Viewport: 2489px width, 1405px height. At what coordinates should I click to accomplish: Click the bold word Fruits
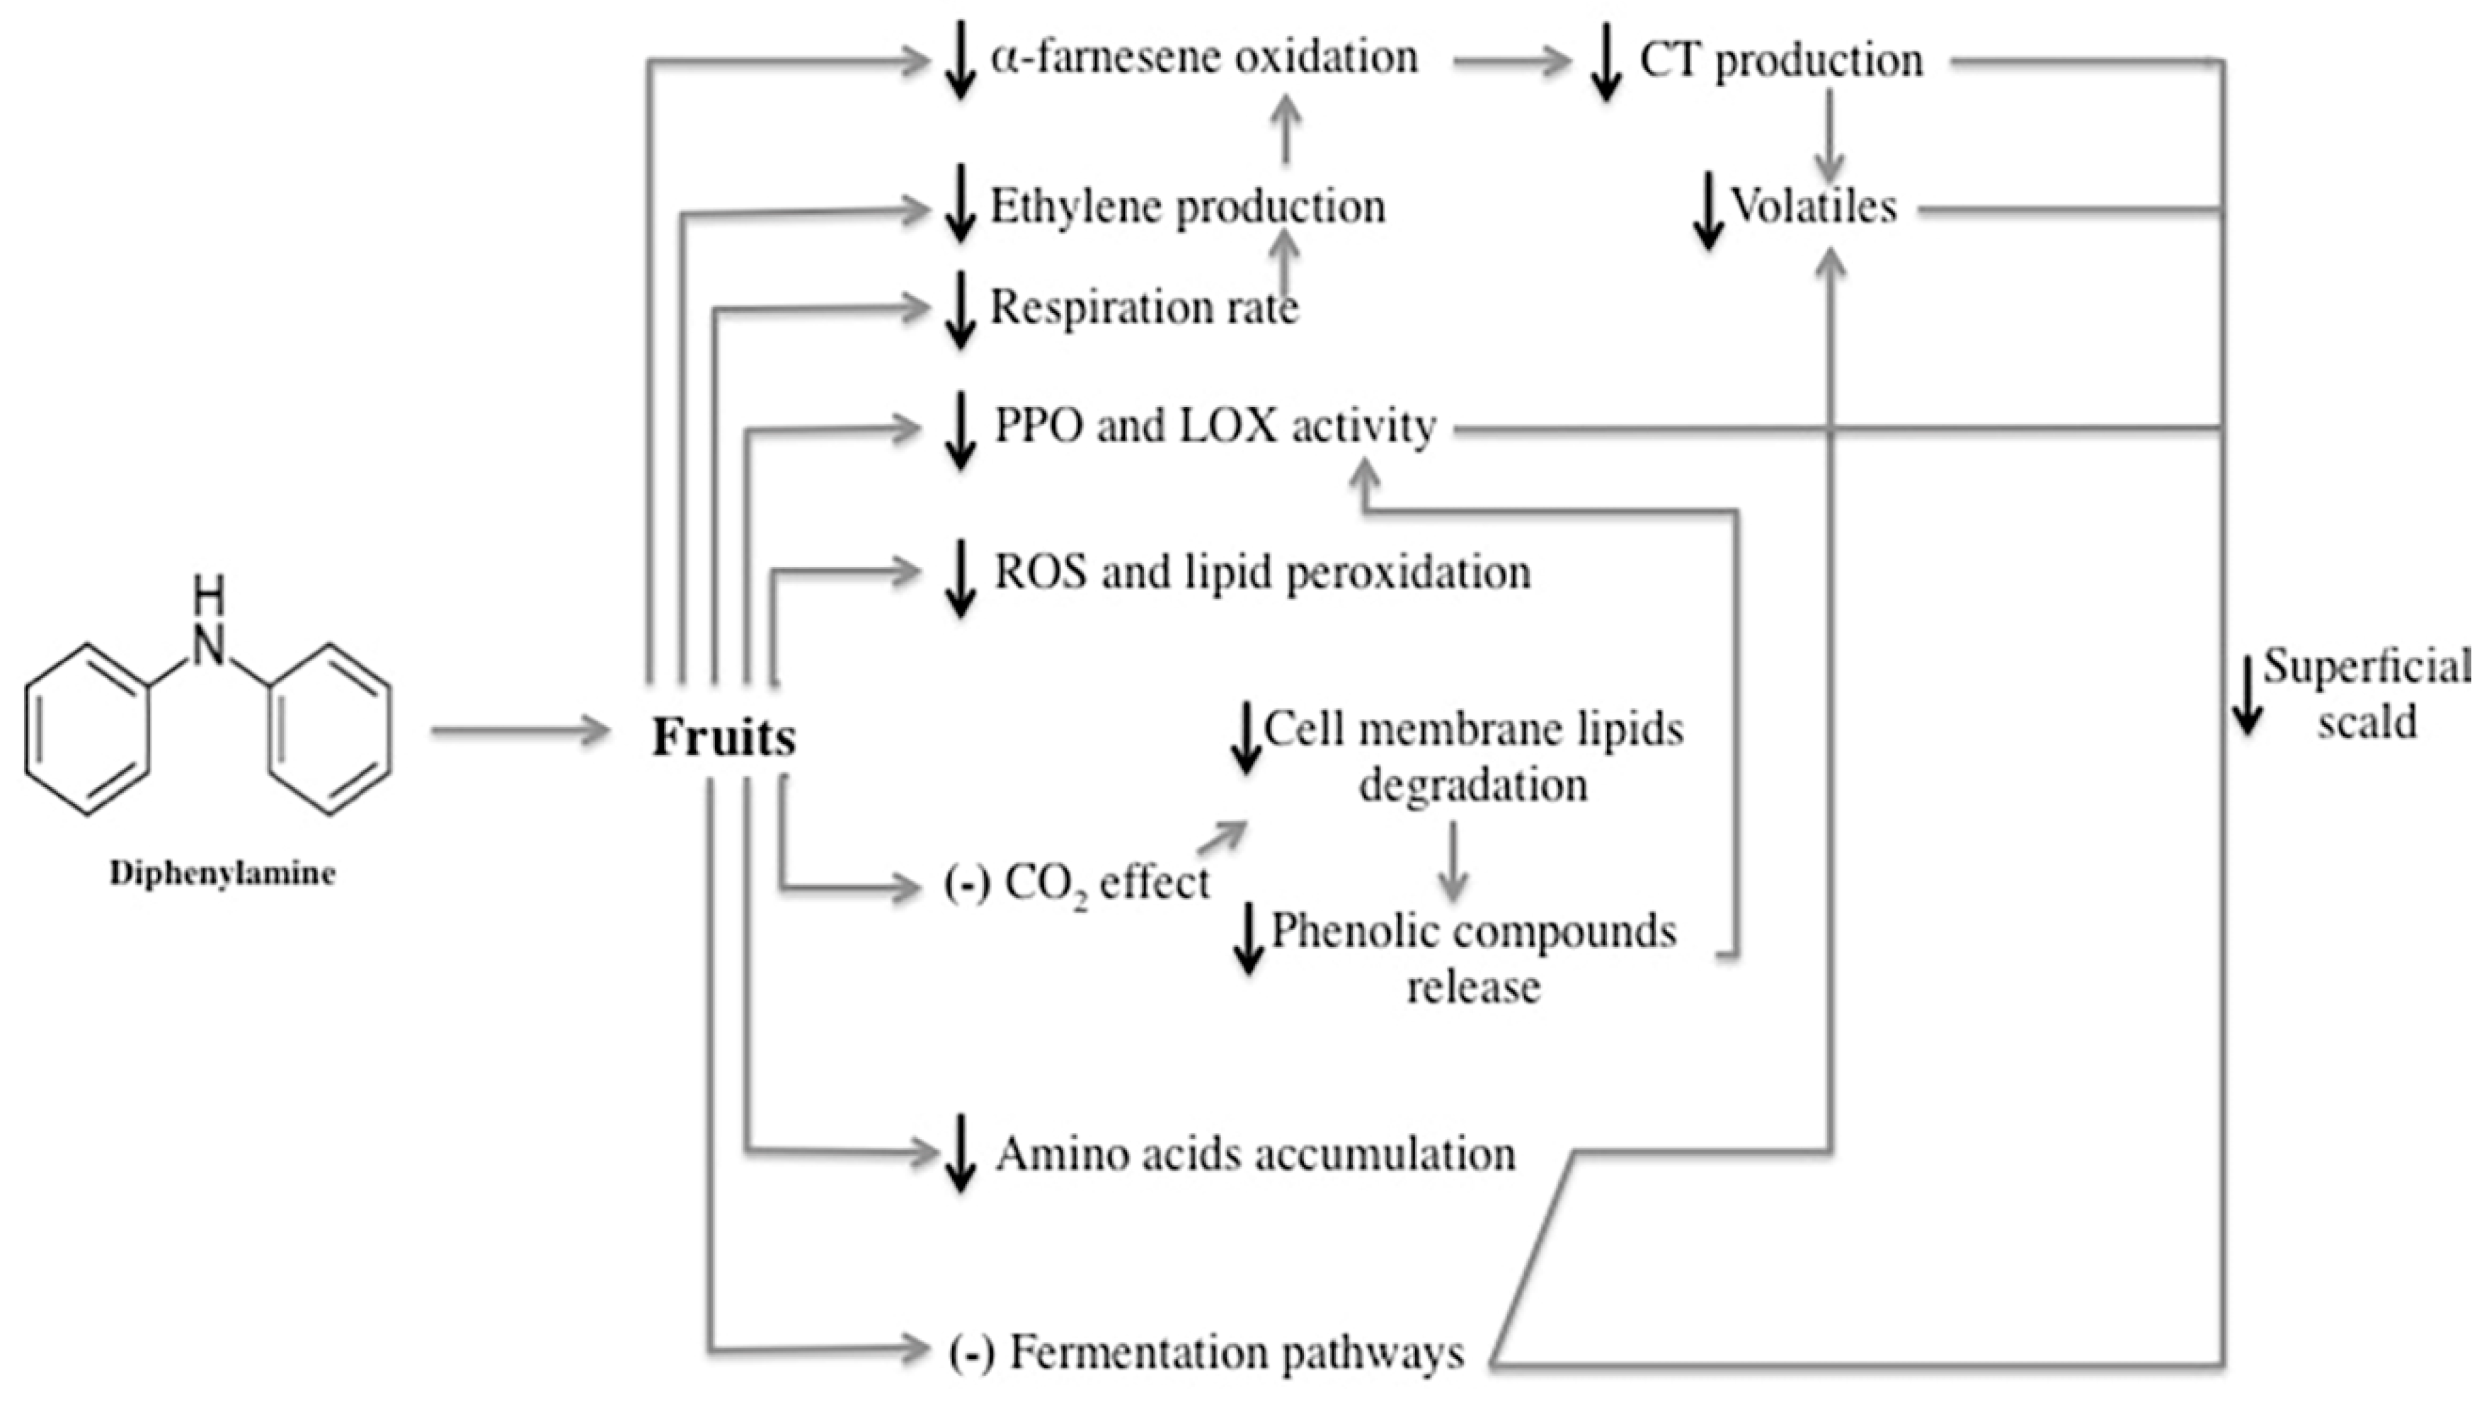tap(723, 738)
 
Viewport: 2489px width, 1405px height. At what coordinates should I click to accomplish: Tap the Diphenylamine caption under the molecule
tap(222, 873)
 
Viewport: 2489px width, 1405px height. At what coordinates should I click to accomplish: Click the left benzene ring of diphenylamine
tap(88, 730)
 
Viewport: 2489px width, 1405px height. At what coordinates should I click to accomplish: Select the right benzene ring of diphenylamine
tap(331, 730)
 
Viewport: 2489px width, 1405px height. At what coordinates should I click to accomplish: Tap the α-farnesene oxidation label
tap(1204, 58)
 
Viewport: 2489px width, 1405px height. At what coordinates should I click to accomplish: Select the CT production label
tap(1781, 61)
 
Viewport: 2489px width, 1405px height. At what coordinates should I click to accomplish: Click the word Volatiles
tap(1814, 207)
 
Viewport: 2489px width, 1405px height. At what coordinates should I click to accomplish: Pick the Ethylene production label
tap(1187, 207)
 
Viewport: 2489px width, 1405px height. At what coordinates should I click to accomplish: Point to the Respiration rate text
tap(1144, 308)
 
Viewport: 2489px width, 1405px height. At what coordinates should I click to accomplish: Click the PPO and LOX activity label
tap(1215, 426)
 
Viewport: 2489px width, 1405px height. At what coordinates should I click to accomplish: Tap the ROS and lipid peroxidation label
tap(1262, 572)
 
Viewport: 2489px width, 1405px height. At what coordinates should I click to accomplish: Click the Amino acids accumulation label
tap(1255, 1154)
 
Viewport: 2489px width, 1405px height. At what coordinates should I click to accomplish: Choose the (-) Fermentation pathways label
tap(1206, 1353)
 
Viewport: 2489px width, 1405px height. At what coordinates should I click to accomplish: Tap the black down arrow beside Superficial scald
tap(2248, 694)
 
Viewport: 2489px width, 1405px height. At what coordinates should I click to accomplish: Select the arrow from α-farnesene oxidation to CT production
tap(1511, 62)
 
